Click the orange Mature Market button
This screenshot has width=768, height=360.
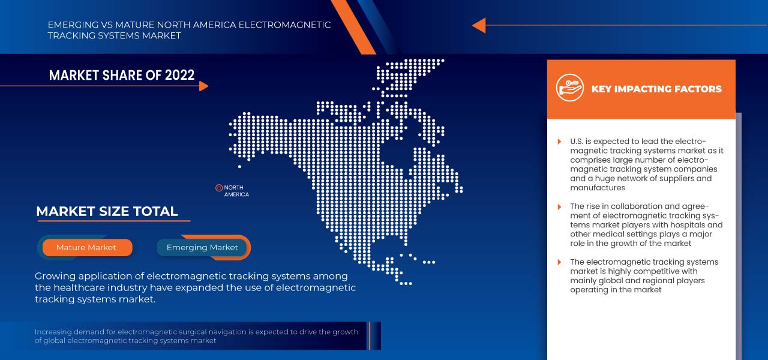[86, 247]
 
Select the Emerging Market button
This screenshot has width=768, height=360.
[202, 247]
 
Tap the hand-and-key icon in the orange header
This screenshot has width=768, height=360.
[569, 88]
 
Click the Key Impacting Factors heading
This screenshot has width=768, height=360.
[656, 89]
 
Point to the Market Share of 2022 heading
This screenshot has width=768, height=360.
[122, 75]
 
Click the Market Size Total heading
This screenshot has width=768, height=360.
[107, 211]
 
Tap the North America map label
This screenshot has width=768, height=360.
[236, 191]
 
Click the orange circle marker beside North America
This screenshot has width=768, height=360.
[219, 188]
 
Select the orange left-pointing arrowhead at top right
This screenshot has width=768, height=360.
[479, 25]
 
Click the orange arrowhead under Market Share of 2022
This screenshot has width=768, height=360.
[203, 86]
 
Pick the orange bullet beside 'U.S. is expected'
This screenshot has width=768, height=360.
[559, 142]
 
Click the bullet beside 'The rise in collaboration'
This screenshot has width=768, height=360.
[559, 206]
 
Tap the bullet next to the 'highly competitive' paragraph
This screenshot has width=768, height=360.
[559, 262]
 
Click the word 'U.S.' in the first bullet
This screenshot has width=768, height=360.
[578, 142]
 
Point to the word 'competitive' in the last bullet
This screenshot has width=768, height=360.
[641, 271]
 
